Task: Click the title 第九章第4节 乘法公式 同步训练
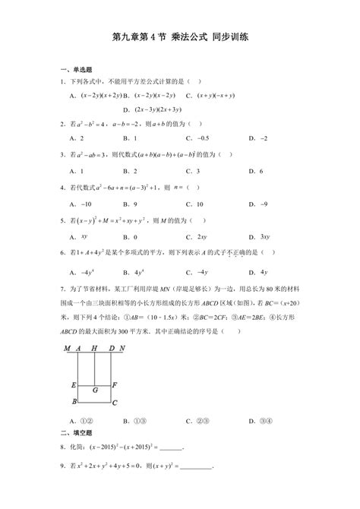click(x=180, y=36)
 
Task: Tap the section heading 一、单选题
click(x=76, y=69)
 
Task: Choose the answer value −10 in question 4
click(x=82, y=204)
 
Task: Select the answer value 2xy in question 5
click(x=202, y=237)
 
